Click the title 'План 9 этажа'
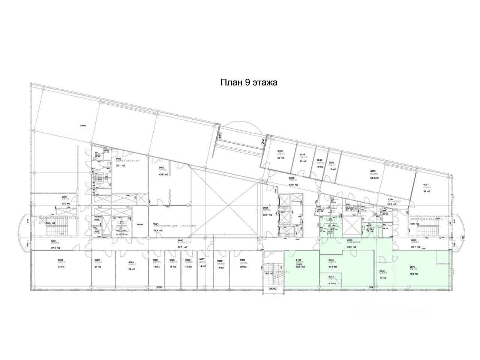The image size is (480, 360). pos(248,82)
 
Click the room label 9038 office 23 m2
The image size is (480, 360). pos(281,154)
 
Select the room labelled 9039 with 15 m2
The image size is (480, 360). pos(303,158)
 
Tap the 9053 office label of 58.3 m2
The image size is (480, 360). pos(373,175)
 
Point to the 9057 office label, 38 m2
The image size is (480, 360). pos(426,188)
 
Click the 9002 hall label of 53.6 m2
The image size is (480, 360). pos(293,181)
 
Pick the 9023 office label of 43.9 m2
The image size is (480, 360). pos(163,171)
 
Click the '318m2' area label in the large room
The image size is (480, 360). pos(83,126)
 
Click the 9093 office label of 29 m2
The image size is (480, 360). pos(132,264)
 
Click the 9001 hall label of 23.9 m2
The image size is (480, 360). pos(267,211)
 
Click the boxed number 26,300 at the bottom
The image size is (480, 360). pos(273,289)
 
